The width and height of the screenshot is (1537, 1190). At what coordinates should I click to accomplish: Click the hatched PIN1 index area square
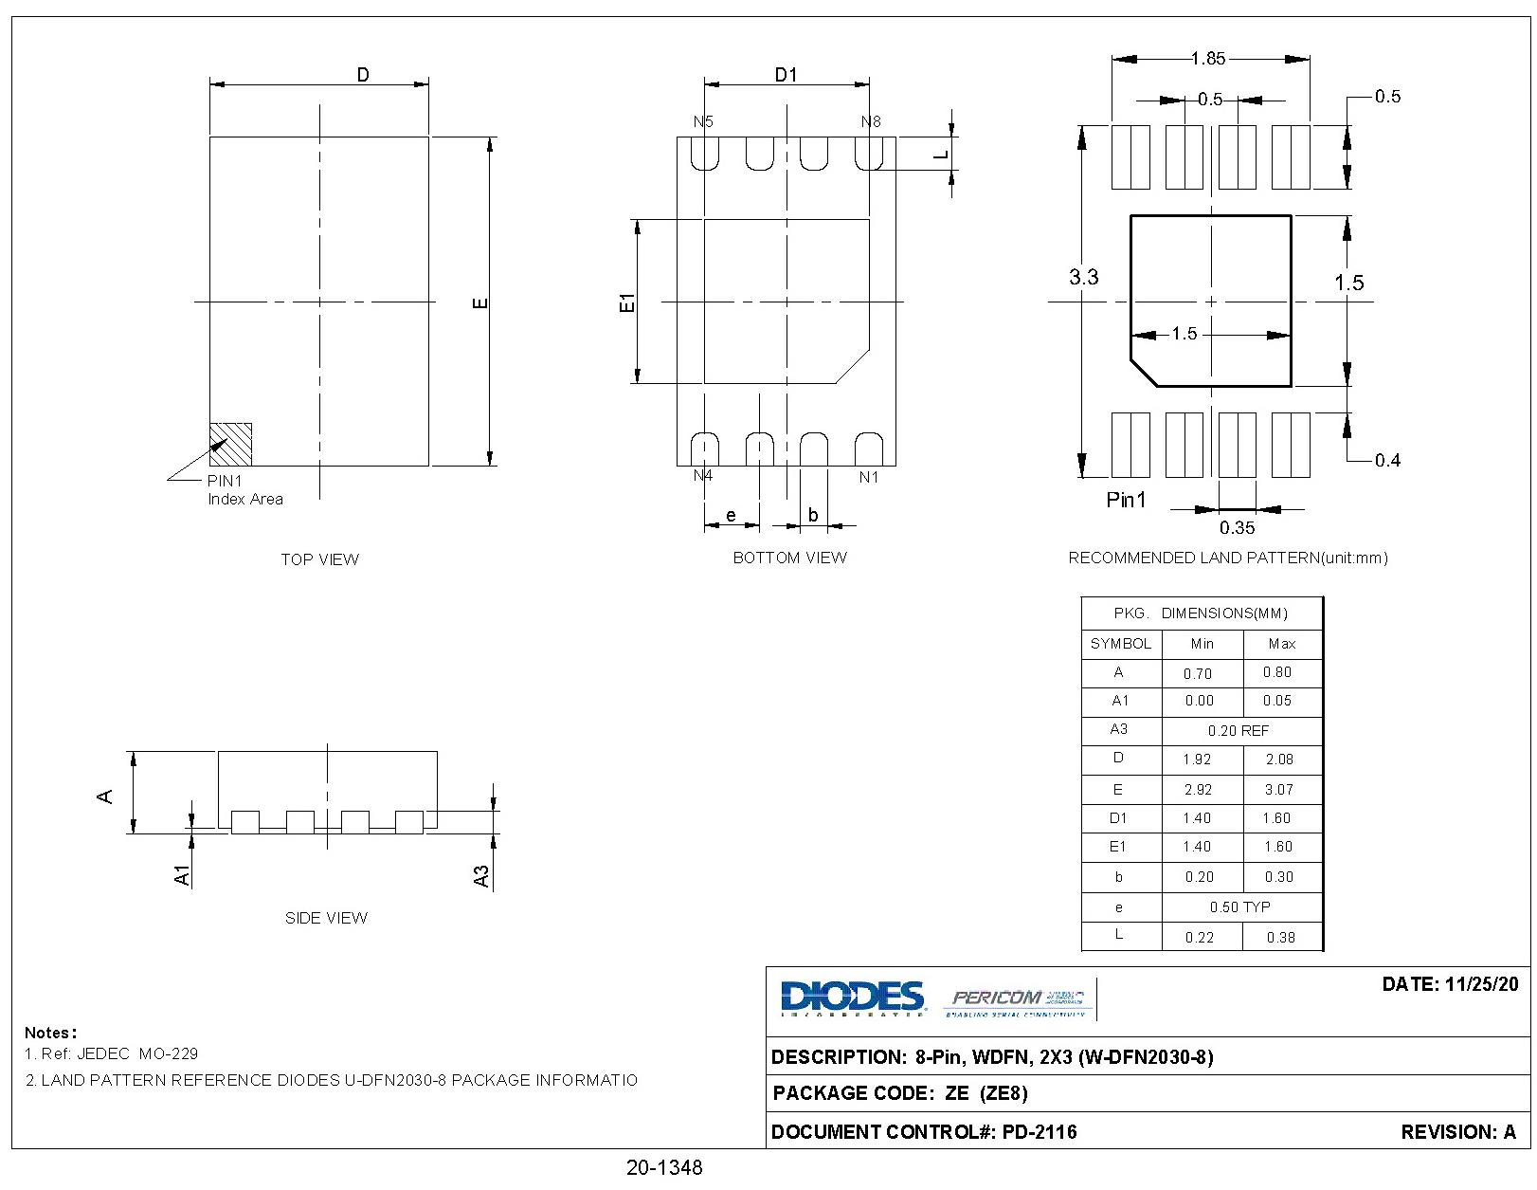[230, 444]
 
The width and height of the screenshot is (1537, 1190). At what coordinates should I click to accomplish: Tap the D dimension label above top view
[363, 75]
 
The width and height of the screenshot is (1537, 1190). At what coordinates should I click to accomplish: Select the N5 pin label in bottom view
[703, 121]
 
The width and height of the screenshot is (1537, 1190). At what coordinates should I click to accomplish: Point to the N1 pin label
[869, 477]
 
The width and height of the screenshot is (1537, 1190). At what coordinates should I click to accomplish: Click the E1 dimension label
[626, 302]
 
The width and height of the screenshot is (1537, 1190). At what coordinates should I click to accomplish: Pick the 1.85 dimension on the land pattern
[1208, 59]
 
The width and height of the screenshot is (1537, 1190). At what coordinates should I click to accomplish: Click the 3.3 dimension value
[1083, 277]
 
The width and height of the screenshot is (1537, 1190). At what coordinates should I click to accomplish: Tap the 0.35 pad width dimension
[1237, 527]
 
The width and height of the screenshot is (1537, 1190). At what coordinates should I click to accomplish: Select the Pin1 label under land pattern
[1126, 500]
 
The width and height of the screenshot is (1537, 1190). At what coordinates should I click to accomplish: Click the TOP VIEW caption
[319, 559]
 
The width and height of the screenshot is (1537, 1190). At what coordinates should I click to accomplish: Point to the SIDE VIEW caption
[326, 918]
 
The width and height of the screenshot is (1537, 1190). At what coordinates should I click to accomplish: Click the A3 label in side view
[481, 875]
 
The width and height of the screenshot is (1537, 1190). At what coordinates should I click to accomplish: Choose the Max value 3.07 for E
[1278, 789]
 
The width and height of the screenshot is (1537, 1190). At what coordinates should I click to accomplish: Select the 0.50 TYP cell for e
[1239, 906]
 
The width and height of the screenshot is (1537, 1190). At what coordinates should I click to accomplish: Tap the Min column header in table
[1202, 644]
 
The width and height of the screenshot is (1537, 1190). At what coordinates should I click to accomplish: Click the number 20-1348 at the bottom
[664, 1167]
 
